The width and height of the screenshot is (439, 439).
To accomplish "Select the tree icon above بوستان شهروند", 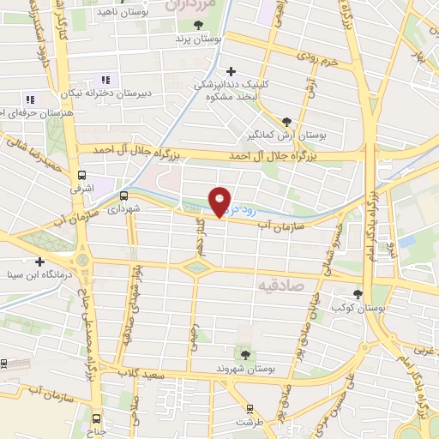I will tap(245, 352).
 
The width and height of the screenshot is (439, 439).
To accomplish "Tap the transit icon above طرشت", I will tap(250, 408).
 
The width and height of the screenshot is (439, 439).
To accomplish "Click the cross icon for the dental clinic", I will tap(228, 71).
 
